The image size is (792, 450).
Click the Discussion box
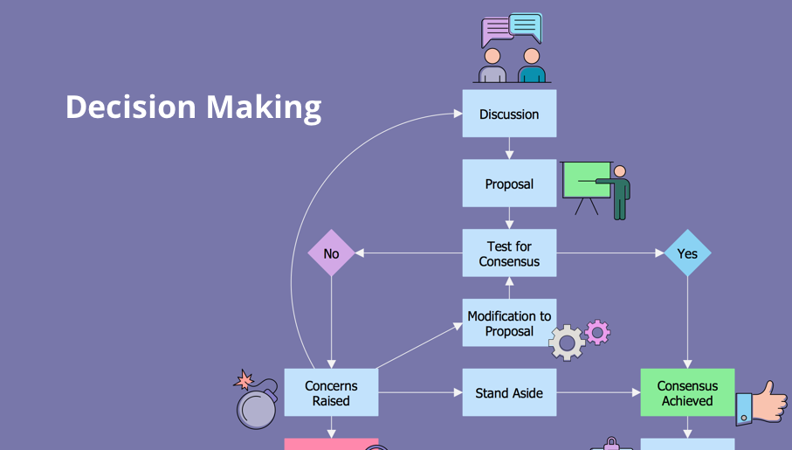[x=509, y=114]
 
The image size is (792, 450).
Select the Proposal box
[x=509, y=183]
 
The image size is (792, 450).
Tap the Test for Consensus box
[x=509, y=253]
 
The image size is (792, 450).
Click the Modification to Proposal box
[x=509, y=322]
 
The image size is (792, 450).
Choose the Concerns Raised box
[x=331, y=392]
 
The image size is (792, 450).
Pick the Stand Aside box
[x=509, y=392]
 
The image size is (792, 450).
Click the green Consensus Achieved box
[x=687, y=392]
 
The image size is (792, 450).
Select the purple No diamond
[x=331, y=253]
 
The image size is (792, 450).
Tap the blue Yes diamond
[x=687, y=253]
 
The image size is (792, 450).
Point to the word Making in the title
[x=264, y=107]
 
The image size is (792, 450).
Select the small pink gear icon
[x=597, y=331]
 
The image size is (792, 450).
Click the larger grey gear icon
[x=568, y=343]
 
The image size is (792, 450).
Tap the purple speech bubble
[x=496, y=32]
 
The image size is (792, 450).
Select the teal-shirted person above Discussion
[x=531, y=66]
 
